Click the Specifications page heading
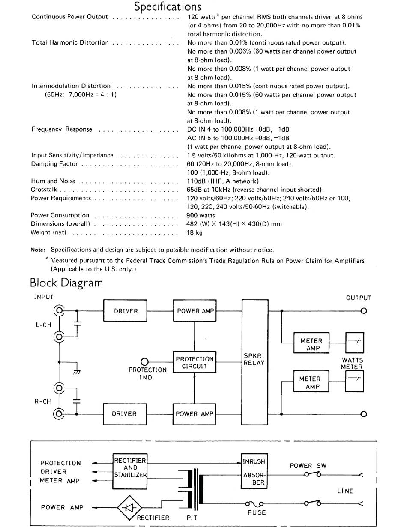[x=168, y=6]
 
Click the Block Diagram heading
[x=66, y=283]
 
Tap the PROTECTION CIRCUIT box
[x=195, y=362]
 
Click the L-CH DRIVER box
[x=125, y=311]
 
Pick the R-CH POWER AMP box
[x=195, y=414]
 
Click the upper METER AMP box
[x=311, y=343]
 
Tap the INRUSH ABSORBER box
[x=254, y=471]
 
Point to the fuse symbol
[x=254, y=504]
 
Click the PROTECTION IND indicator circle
[x=145, y=362]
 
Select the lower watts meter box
[x=354, y=382]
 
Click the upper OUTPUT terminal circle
[x=364, y=311]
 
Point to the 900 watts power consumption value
[x=201, y=215]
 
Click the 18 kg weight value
[x=195, y=232]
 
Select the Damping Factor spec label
[x=54, y=164]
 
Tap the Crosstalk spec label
[x=44, y=190]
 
